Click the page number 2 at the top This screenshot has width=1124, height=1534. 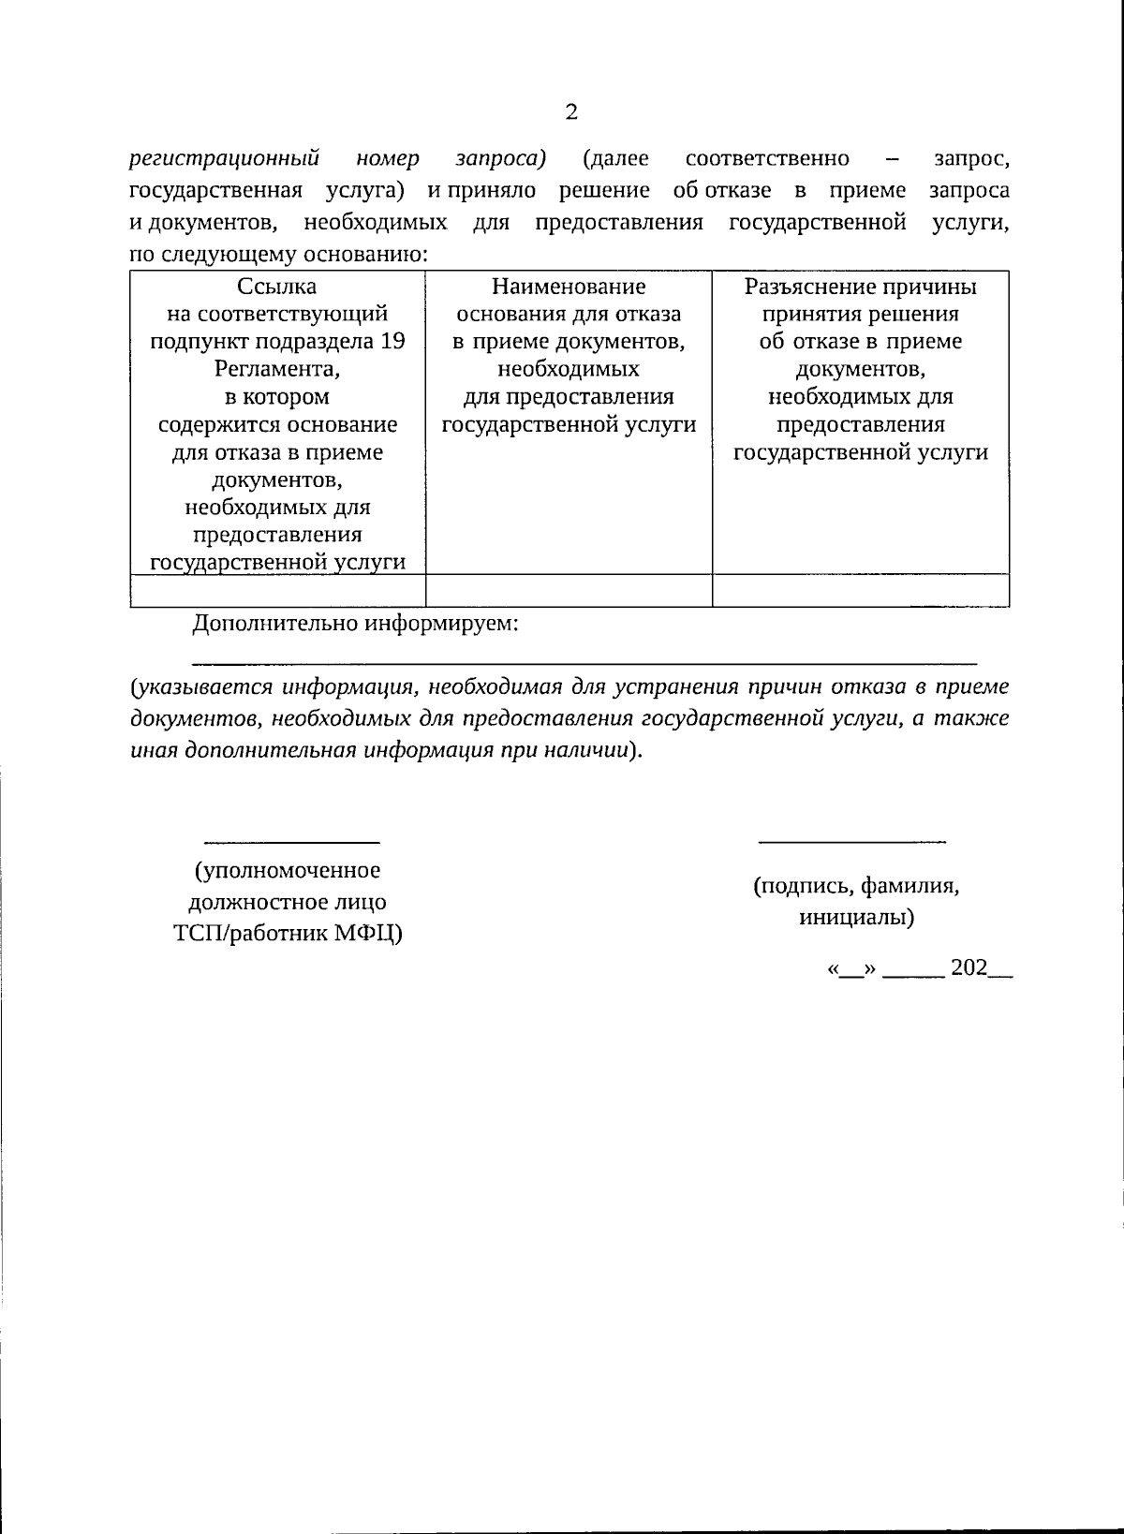point(571,112)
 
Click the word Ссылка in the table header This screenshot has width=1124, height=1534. point(277,287)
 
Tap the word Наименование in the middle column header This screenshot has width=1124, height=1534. point(569,287)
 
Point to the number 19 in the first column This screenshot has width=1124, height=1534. point(393,342)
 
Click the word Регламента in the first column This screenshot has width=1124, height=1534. point(275,369)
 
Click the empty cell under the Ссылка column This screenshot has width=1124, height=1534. point(277,591)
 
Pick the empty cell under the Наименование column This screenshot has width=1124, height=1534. point(569,591)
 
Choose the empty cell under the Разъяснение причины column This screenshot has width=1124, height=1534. point(860,591)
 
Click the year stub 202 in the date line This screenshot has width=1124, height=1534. point(969,968)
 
